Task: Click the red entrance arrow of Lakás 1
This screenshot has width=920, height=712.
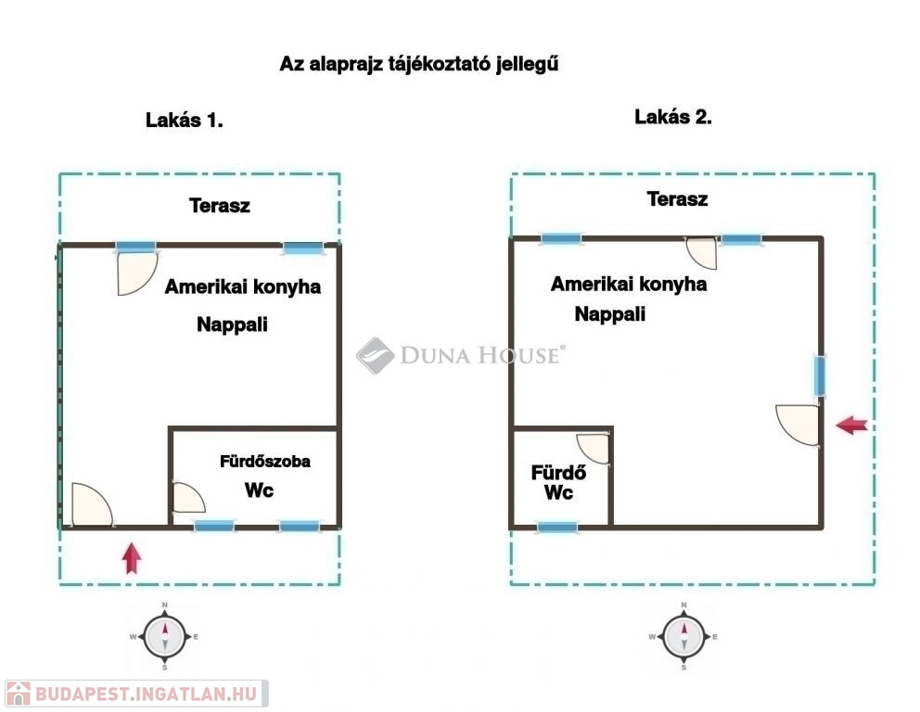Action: coord(132,558)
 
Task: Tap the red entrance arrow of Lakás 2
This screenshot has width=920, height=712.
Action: coord(852,425)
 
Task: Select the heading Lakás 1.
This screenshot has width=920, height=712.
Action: coord(185,121)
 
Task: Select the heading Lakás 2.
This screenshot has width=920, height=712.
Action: coord(673,117)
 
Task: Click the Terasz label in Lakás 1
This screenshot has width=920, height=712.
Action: coord(220,206)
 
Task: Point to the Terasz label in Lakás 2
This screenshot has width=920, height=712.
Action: coord(677,199)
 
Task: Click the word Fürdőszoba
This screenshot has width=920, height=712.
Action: coord(264,462)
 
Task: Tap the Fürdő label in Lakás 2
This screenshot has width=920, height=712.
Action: coord(558,473)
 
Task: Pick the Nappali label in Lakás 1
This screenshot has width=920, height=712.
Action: coord(232,324)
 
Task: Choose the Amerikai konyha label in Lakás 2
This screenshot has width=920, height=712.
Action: coord(629,285)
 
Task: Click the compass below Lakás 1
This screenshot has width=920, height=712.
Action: coord(164,636)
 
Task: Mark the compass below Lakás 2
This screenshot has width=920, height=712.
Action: coord(684,636)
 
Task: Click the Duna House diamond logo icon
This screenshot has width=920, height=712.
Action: coord(375,355)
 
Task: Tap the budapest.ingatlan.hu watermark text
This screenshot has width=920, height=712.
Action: coord(147,693)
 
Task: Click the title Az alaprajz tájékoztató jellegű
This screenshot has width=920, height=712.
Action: coord(419,63)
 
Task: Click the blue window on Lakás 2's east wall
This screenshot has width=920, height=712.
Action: coord(820,376)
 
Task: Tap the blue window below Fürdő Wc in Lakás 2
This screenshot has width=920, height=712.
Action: coord(557,528)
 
